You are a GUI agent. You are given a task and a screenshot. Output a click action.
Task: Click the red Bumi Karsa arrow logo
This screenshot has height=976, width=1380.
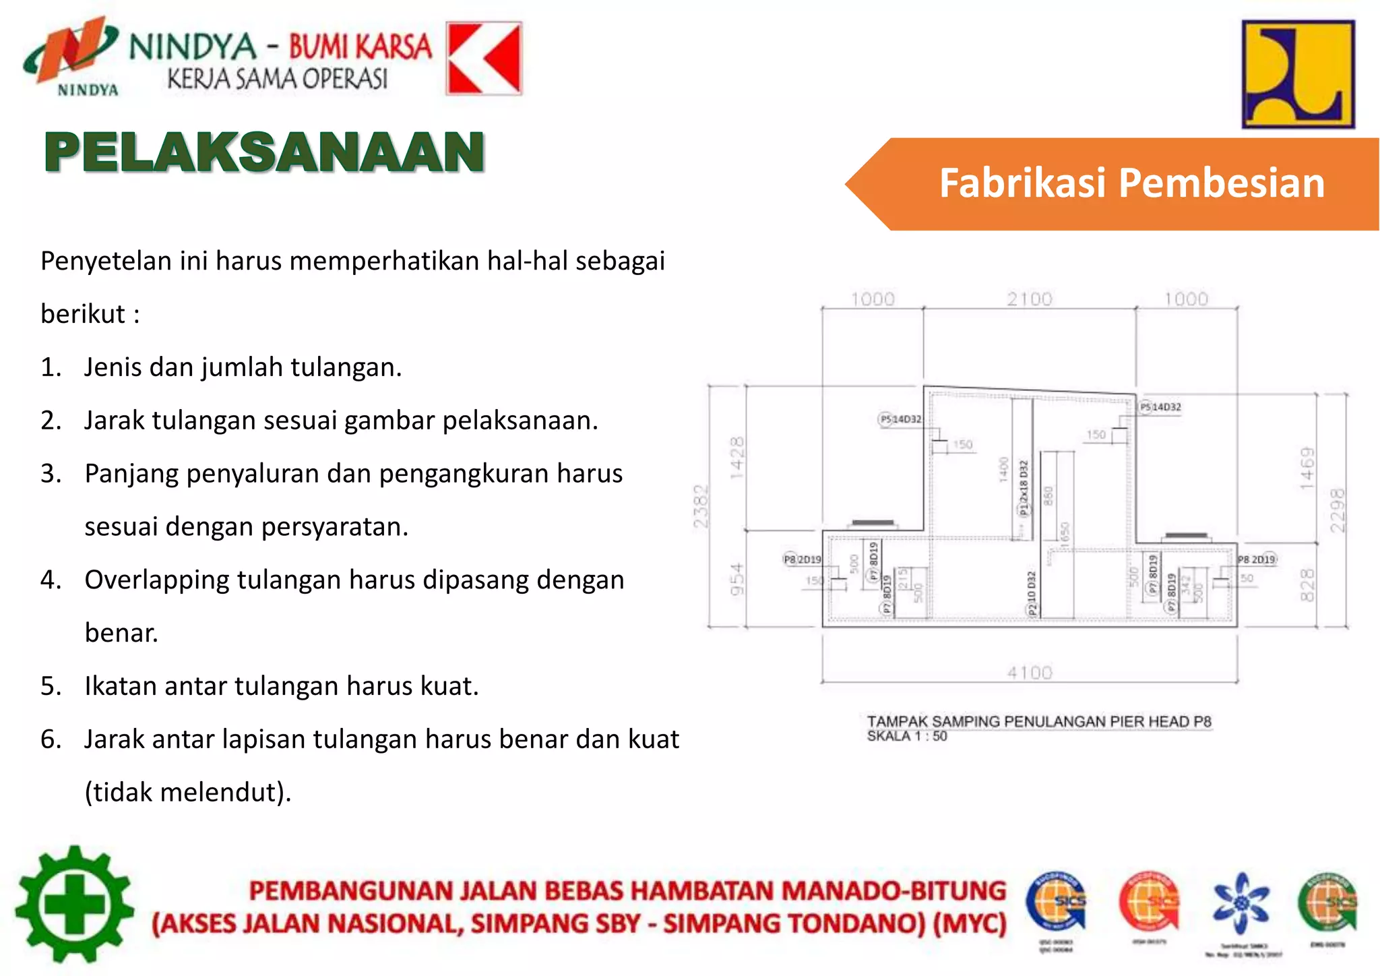pos(484,59)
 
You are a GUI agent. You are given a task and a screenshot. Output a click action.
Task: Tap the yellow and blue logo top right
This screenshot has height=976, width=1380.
pos(1298,74)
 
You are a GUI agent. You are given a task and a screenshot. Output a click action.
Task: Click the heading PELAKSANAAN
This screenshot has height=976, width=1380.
pos(264,152)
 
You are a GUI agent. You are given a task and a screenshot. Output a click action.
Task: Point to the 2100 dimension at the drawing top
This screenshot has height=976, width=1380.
pos(1029,299)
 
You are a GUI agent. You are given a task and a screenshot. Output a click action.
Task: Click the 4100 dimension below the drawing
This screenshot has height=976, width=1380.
pos(1029,672)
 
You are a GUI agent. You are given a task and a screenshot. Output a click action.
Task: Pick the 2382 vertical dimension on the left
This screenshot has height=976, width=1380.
pos(701,506)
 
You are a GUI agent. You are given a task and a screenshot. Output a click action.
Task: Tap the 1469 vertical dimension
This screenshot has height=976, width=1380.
pos(1307,468)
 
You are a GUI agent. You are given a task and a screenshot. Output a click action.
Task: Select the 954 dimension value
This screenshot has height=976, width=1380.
pos(737,579)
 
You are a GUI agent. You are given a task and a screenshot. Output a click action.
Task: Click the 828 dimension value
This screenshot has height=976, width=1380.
pos(1307,584)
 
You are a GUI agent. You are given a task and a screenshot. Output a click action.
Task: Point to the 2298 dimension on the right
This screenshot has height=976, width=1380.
pos(1338,510)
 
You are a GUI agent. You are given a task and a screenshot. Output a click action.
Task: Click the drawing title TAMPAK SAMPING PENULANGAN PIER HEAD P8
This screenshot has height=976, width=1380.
pos(1038,721)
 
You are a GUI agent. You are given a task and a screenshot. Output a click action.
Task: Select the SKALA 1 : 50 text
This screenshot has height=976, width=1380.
pos(906,736)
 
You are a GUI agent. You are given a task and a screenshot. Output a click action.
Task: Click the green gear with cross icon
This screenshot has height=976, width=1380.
pos(74,904)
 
